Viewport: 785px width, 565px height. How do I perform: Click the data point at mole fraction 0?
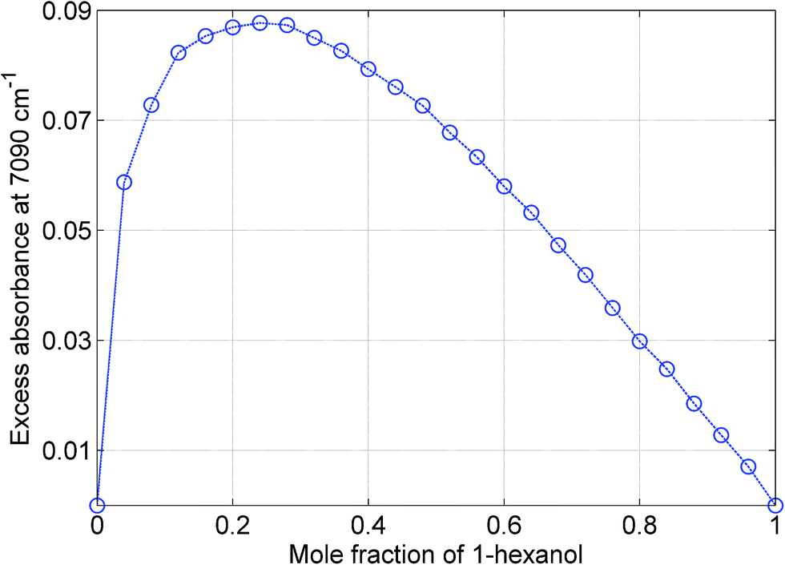[x=97, y=505]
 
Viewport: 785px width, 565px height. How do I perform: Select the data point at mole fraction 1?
[x=775, y=505]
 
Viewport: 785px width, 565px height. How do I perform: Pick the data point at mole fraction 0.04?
[x=124, y=182]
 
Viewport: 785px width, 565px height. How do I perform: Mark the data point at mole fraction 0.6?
[x=504, y=187]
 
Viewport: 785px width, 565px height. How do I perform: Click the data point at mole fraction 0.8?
[x=640, y=341]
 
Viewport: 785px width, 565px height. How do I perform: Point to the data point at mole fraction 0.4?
[x=368, y=69]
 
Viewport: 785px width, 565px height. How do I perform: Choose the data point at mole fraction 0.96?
[x=748, y=466]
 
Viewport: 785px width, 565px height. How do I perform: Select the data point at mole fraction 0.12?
[x=179, y=53]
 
